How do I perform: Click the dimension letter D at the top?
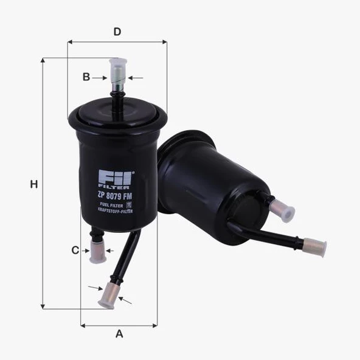click(117, 32)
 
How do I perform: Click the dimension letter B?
click(86, 77)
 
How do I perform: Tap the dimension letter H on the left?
click(34, 184)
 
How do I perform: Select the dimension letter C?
click(75, 250)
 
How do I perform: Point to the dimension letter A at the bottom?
click(119, 333)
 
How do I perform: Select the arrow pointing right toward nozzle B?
click(100, 78)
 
